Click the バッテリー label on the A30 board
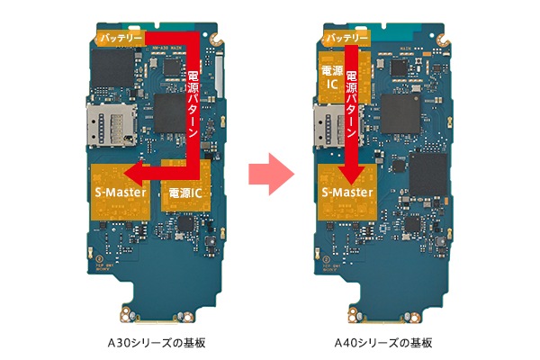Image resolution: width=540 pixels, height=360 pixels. coord(121,38)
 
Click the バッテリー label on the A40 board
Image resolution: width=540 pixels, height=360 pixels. coord(347,38)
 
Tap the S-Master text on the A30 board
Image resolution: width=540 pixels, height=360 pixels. coord(121,192)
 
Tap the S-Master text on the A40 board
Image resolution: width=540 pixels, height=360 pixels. coord(347,192)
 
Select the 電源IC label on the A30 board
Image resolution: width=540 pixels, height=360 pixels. coord(185,193)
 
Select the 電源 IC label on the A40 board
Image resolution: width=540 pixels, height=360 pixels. coord(332,77)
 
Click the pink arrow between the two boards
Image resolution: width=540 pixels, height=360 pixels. coord(272,175)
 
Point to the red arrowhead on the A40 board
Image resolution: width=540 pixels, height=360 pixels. coord(352,175)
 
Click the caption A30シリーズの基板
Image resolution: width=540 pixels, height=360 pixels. coord(157,343)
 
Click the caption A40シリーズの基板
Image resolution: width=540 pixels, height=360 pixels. coord(383,343)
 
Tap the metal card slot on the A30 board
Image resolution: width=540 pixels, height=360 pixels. coord(112,125)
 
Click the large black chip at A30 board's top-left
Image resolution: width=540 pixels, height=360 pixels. coord(112,67)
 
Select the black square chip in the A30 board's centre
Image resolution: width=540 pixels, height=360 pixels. coord(170,113)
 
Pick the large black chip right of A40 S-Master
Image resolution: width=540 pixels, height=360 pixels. coord(427,175)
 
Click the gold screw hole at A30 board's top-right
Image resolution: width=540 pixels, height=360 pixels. coord(217,40)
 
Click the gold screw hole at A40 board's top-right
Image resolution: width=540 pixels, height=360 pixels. coord(443,40)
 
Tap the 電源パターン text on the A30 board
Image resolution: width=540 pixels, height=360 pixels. coord(193,104)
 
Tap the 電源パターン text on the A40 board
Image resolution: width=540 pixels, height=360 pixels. coord(352,104)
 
